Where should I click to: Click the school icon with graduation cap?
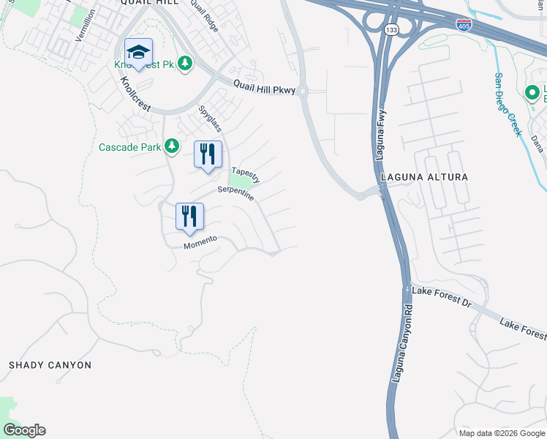(138, 52)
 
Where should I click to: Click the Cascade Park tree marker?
(172, 146)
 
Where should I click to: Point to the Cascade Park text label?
(129, 147)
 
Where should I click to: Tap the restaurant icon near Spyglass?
(208, 154)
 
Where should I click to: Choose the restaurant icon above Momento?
(189, 217)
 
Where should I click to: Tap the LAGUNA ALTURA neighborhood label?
(423, 177)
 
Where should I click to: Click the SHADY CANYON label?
(50, 364)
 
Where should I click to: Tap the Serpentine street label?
(235, 194)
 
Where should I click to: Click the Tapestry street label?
(246, 176)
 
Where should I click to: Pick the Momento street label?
(200, 242)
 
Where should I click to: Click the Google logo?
(24, 430)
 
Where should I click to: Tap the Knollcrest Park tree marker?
(186, 64)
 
